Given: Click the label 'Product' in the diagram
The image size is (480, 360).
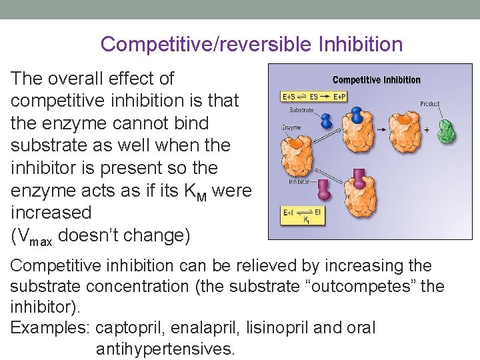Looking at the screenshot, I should tap(430, 103).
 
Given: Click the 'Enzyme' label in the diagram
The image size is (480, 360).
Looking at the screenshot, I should tap(292, 127).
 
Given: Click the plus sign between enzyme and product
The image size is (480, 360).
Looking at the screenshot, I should tap(426, 130).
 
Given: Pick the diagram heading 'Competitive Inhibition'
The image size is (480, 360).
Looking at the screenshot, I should tap(376, 79).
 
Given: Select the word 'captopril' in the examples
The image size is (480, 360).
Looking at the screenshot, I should tap(131, 328).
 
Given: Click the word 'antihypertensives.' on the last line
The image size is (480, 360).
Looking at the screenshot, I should tap(165, 349).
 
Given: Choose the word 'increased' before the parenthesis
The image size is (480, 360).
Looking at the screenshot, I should tap(51, 213).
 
